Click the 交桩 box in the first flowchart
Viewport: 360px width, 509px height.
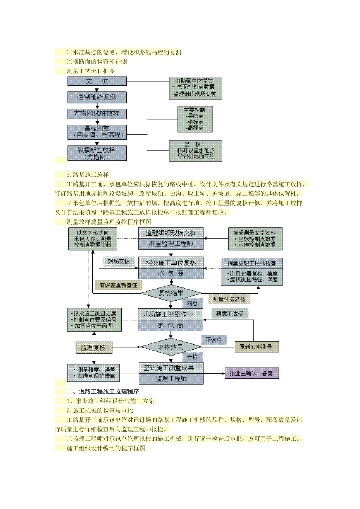click(x=97, y=81)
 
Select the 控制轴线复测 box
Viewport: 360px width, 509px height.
click(x=97, y=97)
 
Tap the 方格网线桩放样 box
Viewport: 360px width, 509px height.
click(x=97, y=113)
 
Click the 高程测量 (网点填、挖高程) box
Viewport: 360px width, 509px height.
click(x=97, y=132)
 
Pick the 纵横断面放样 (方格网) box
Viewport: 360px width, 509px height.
click(x=97, y=153)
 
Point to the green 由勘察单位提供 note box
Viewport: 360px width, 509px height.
click(x=195, y=88)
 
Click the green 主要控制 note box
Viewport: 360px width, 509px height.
click(x=195, y=119)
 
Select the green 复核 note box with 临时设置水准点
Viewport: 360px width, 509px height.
click(x=195, y=150)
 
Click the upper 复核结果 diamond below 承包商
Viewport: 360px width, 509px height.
click(x=171, y=293)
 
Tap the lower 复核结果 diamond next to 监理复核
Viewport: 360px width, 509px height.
click(x=171, y=347)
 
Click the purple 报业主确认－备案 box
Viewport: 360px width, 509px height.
click(x=252, y=373)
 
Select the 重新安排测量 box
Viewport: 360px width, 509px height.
click(x=257, y=347)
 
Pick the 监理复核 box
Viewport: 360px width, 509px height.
click(x=93, y=347)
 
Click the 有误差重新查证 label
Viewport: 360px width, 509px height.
click(x=118, y=285)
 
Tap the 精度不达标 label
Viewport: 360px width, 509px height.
click(x=230, y=313)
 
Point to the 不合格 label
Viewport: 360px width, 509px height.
click(x=214, y=340)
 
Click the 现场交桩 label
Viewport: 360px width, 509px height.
click(x=119, y=261)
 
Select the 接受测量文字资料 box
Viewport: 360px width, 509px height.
click(x=255, y=239)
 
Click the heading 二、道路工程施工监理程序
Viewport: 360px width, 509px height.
click(x=103, y=392)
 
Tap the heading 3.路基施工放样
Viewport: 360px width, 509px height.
click(x=88, y=175)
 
